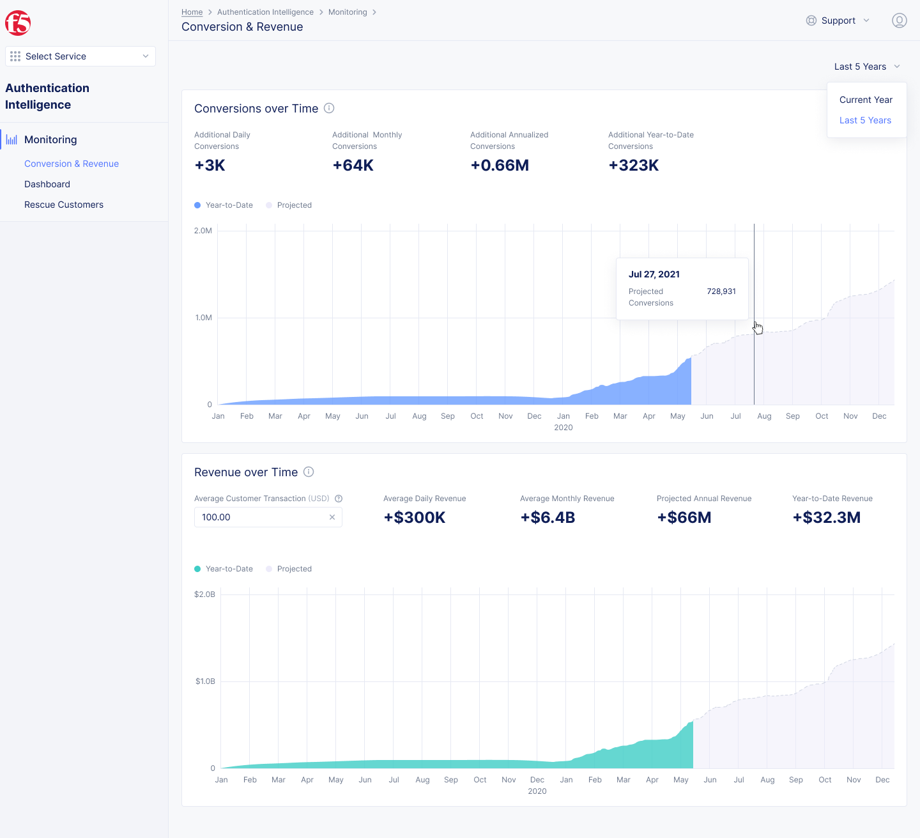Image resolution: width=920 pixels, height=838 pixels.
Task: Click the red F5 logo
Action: tap(18, 23)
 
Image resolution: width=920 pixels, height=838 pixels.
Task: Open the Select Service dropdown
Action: tap(80, 56)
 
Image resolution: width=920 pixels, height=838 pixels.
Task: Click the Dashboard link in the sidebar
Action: tap(47, 184)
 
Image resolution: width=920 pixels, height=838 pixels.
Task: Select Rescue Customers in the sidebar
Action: tap(64, 205)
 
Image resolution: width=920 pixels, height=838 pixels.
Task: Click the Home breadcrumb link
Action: tap(192, 12)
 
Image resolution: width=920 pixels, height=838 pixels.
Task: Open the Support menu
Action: tap(838, 20)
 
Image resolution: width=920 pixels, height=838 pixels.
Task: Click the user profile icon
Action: tap(899, 20)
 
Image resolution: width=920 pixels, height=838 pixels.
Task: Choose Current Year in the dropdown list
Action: tap(866, 100)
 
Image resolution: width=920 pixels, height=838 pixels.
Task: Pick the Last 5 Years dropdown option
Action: tap(865, 120)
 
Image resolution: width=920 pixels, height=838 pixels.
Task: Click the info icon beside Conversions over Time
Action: tap(329, 108)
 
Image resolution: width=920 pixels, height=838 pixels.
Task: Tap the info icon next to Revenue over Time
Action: tap(309, 472)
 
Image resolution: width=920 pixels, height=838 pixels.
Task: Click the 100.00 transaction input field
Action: tap(259, 517)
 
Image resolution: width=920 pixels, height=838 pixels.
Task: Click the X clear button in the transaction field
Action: tap(332, 517)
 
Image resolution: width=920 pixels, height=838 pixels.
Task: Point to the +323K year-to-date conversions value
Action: tap(633, 166)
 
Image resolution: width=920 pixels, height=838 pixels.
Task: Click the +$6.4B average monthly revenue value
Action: tap(548, 518)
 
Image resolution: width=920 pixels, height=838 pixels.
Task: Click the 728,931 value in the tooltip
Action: tap(721, 291)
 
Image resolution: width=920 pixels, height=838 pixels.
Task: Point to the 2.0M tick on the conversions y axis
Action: tap(203, 231)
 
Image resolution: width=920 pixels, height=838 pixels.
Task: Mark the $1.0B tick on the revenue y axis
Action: tap(205, 681)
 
